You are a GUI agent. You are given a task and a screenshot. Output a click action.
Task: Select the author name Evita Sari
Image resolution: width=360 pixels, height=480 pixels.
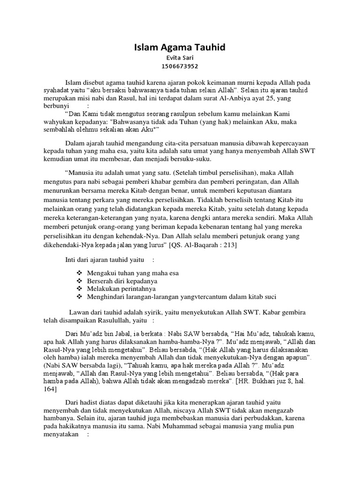[180, 58]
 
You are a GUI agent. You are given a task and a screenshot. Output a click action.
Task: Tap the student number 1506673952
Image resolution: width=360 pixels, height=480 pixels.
[180, 66]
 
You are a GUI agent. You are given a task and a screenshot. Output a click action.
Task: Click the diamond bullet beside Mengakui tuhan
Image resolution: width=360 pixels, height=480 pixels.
[78, 273]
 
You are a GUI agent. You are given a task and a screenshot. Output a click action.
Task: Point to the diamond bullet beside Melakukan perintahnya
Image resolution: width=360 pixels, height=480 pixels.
[78, 289]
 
